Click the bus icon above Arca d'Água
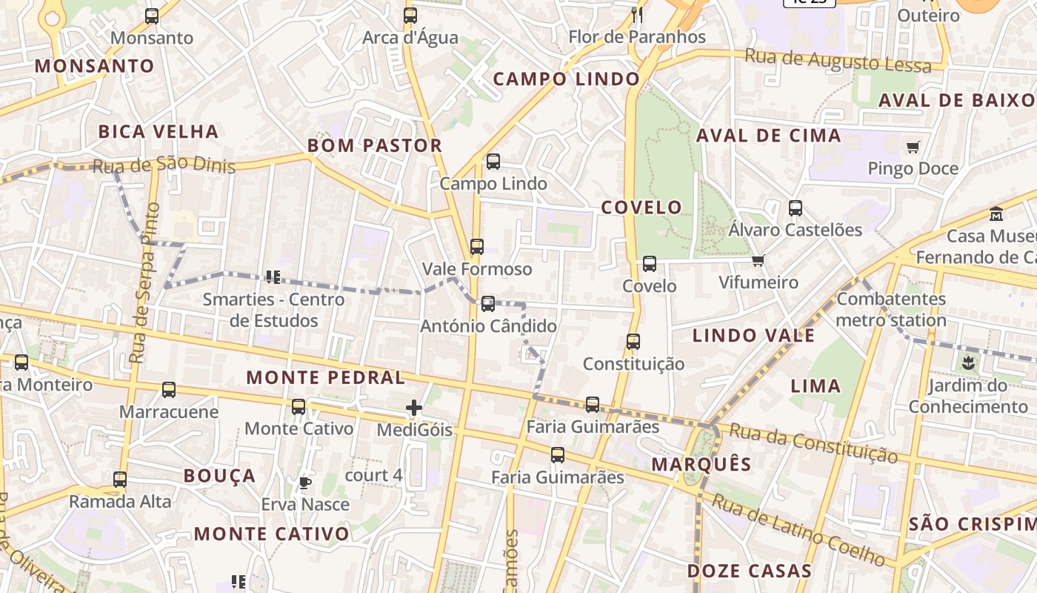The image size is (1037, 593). click(x=410, y=15)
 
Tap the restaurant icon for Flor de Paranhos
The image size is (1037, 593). click(x=636, y=14)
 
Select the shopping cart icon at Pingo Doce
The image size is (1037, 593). click(x=913, y=147)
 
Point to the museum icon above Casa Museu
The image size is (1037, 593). click(x=996, y=214)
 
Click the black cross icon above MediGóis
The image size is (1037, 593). click(x=414, y=408)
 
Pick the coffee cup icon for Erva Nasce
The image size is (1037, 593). click(x=304, y=483)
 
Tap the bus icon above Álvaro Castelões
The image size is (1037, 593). click(x=796, y=208)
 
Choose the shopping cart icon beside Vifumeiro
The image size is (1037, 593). click(x=758, y=261)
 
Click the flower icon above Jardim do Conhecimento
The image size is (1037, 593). click(x=967, y=363)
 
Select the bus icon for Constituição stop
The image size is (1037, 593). click(x=633, y=342)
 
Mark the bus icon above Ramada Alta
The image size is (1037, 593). click(x=120, y=480)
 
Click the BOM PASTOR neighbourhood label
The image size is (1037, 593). click(x=375, y=145)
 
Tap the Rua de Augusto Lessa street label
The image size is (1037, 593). click(x=838, y=61)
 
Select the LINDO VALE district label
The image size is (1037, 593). click(x=753, y=336)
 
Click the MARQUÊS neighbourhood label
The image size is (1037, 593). click(x=701, y=465)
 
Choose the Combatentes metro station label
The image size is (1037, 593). click(x=891, y=310)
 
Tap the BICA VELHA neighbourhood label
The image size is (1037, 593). click(x=159, y=132)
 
